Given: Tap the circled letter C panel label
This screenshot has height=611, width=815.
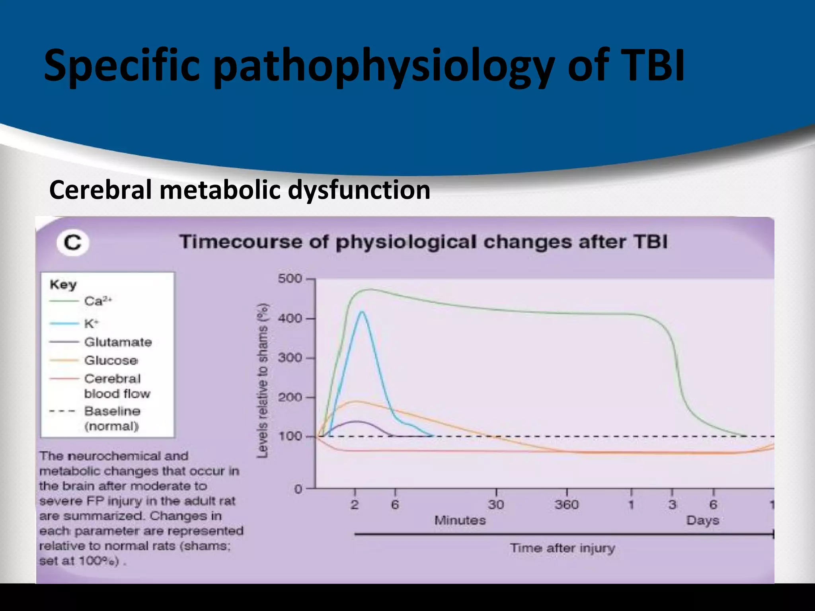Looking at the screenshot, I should [73, 242].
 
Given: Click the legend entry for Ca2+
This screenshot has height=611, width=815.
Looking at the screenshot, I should [98, 301].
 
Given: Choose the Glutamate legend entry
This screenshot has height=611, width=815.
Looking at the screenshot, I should [118, 342].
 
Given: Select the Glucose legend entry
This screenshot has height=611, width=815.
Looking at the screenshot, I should [111, 360].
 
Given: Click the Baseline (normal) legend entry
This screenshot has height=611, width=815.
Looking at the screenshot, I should [112, 418].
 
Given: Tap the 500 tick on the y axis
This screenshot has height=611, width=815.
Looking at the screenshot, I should [290, 278].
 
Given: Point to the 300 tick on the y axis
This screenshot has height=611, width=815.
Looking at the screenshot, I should [290, 358].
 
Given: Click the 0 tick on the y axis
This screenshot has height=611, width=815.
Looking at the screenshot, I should [298, 489].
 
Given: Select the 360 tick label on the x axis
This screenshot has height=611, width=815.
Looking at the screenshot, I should [566, 504].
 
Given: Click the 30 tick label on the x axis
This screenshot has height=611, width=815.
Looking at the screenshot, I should [496, 504].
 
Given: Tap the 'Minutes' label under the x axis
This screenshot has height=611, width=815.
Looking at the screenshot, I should [460, 520].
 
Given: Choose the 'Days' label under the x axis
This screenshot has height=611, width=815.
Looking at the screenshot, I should [702, 520].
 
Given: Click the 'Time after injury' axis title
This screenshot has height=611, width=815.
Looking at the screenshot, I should [562, 548].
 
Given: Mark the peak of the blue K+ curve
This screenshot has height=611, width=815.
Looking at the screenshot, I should [362, 311].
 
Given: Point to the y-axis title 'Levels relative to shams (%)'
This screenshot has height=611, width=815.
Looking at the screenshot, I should [263, 381].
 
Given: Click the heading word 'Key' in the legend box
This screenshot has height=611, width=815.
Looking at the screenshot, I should [63, 285].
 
